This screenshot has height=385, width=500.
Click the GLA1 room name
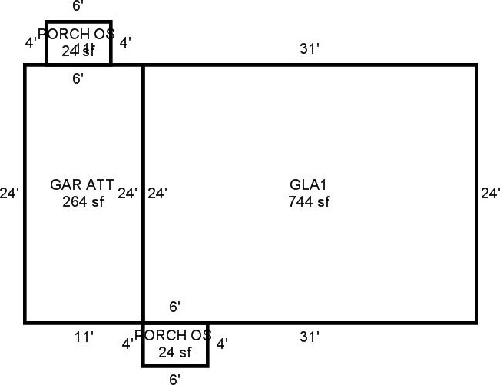[x=309, y=185]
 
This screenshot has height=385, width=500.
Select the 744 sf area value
[x=309, y=202]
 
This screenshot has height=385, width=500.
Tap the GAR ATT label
[x=82, y=185]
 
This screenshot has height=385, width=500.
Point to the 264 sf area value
[x=82, y=202]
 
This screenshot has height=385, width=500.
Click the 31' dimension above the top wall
[x=309, y=49]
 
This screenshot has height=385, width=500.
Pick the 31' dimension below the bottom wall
[x=309, y=337]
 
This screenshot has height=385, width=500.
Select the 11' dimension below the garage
[x=84, y=337]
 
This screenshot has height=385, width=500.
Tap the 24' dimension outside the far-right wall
[x=490, y=193]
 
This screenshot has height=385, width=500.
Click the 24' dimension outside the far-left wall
[x=10, y=193]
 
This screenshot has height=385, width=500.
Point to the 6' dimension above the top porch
[x=78, y=7]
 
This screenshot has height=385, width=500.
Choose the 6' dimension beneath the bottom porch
[x=175, y=378]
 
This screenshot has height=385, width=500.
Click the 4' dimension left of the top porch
[x=31, y=42]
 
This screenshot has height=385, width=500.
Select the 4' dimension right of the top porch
[x=124, y=42]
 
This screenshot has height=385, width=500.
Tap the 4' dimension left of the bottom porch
[x=127, y=344]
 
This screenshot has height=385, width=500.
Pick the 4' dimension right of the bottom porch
[x=221, y=344]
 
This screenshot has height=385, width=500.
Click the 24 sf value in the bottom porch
[x=174, y=353]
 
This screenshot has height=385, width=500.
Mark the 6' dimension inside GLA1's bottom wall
[x=174, y=307]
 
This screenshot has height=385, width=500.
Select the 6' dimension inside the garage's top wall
[x=78, y=78]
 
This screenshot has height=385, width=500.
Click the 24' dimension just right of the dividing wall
[x=157, y=193]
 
